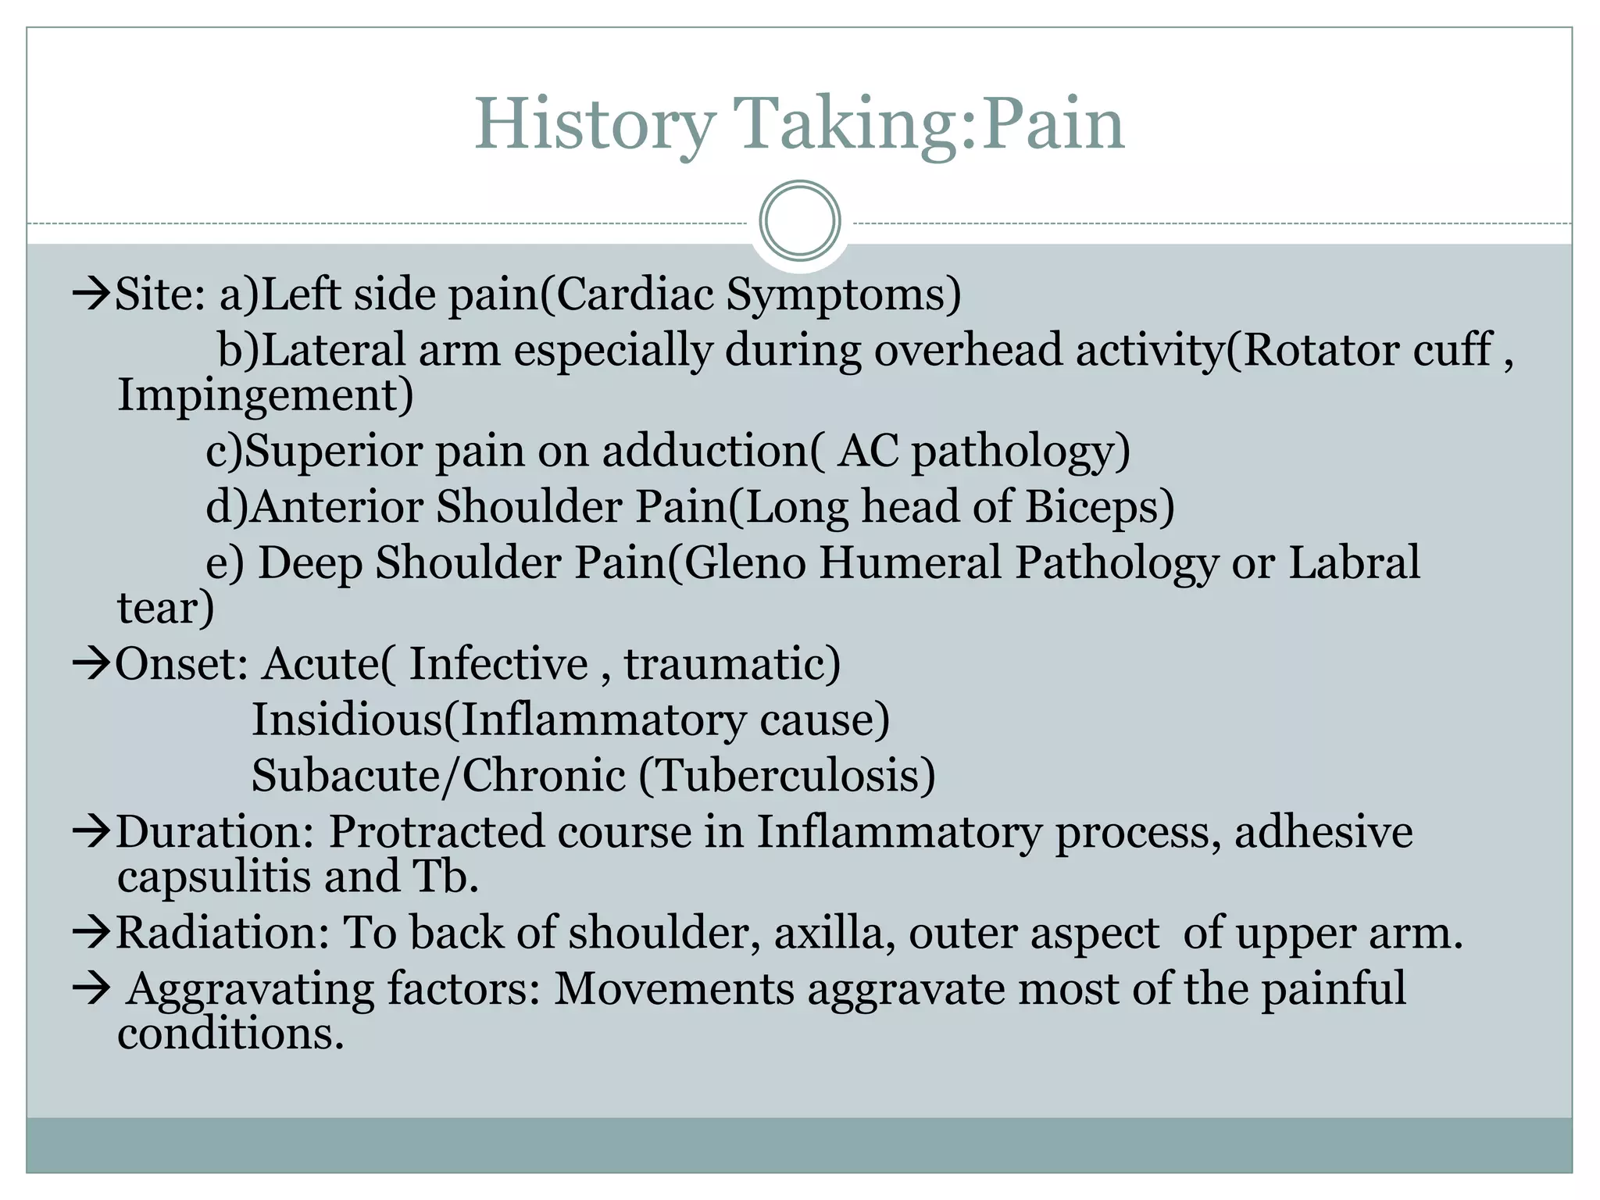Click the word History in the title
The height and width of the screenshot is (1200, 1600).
[595, 125]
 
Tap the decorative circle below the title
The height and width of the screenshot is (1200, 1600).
[800, 220]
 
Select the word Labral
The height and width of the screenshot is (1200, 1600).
[1353, 562]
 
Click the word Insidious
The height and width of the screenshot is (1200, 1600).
[347, 720]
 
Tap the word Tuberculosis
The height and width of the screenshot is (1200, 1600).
[793, 775]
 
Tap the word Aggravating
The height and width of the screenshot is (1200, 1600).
[250, 989]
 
